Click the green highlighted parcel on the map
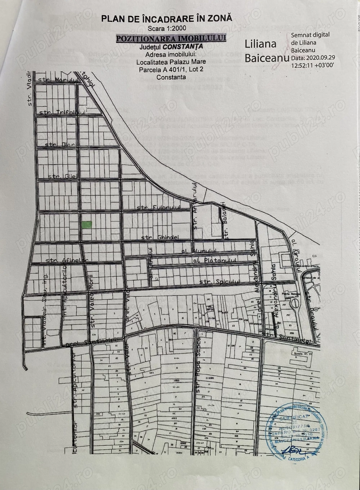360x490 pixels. tap(87, 224)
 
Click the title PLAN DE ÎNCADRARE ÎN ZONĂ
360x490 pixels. tap(167, 18)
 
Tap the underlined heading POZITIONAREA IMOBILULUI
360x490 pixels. tap(171, 38)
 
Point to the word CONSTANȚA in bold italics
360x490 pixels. tap(183, 46)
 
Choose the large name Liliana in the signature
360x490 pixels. tap(261, 44)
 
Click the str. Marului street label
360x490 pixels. tap(62, 80)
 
